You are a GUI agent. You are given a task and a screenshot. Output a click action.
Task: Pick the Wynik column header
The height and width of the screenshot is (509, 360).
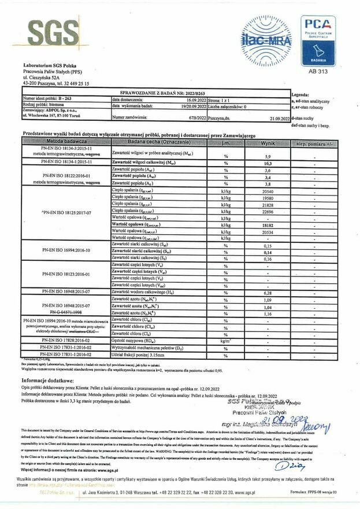(268, 141)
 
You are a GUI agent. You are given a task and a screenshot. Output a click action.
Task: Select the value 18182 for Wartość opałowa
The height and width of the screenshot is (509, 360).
(268, 225)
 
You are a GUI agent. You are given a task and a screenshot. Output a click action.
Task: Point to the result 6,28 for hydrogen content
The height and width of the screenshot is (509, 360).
(268, 293)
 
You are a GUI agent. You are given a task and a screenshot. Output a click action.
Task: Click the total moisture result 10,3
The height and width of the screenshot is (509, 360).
(268, 164)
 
